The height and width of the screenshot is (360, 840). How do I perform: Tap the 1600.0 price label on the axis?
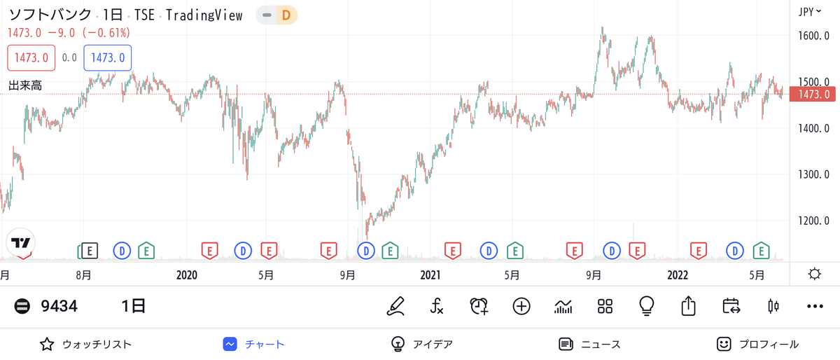click(x=813, y=36)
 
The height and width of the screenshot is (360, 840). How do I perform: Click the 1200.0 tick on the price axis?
click(x=813, y=221)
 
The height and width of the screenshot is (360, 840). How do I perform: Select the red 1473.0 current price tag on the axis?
click(x=812, y=95)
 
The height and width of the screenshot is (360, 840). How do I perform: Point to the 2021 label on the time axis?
click(x=430, y=275)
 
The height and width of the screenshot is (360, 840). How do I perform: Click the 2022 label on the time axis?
click(x=678, y=275)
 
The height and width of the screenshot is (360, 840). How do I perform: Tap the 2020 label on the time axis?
click(x=187, y=275)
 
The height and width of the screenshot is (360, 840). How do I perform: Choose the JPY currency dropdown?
click(x=810, y=12)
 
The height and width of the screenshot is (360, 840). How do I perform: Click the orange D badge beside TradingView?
click(x=286, y=15)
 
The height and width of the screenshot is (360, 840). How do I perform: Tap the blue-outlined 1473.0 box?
click(x=108, y=58)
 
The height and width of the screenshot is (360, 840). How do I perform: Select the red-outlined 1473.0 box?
click(x=31, y=58)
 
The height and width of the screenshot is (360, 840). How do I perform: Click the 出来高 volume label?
click(x=25, y=85)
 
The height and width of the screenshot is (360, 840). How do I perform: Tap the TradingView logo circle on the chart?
click(x=20, y=242)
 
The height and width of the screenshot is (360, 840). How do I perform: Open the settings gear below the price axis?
click(x=815, y=274)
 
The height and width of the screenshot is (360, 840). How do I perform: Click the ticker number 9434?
click(x=59, y=306)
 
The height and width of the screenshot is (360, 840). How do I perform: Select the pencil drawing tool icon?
click(x=395, y=306)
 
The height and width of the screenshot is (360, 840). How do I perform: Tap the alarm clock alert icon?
click(x=479, y=306)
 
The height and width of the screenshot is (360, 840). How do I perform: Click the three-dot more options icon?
click(x=815, y=306)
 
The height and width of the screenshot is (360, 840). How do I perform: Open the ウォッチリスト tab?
click(x=85, y=344)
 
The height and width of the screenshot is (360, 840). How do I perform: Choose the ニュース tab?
click(x=589, y=344)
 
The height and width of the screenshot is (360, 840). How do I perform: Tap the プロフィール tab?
click(x=757, y=344)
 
